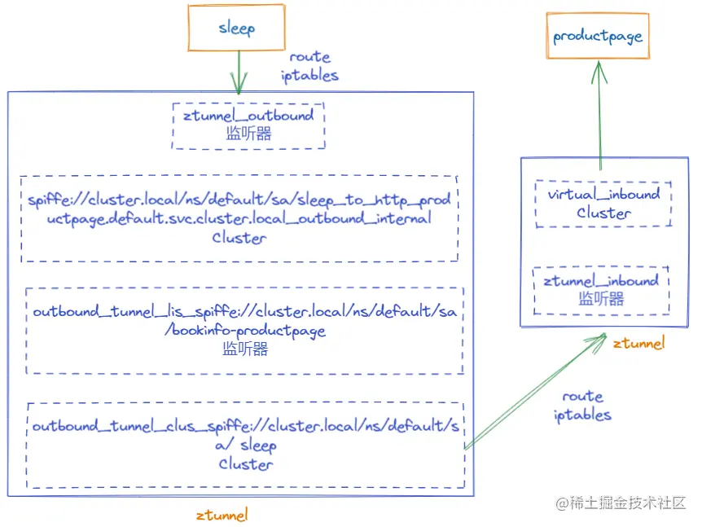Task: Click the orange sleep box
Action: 237,28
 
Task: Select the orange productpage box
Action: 598,37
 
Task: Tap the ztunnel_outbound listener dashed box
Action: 248,125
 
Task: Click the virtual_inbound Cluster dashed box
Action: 603,204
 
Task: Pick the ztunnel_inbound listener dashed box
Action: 601,290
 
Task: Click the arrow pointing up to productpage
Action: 599,114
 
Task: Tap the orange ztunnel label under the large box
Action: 222,515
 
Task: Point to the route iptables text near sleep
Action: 309,67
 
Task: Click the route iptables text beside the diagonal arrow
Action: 582,406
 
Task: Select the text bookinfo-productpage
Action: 245,331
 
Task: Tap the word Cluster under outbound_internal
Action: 239,238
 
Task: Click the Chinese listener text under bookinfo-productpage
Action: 245,349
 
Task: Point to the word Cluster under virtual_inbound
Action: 603,213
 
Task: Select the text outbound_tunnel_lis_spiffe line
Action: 244,312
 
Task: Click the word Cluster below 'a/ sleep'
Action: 245,464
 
